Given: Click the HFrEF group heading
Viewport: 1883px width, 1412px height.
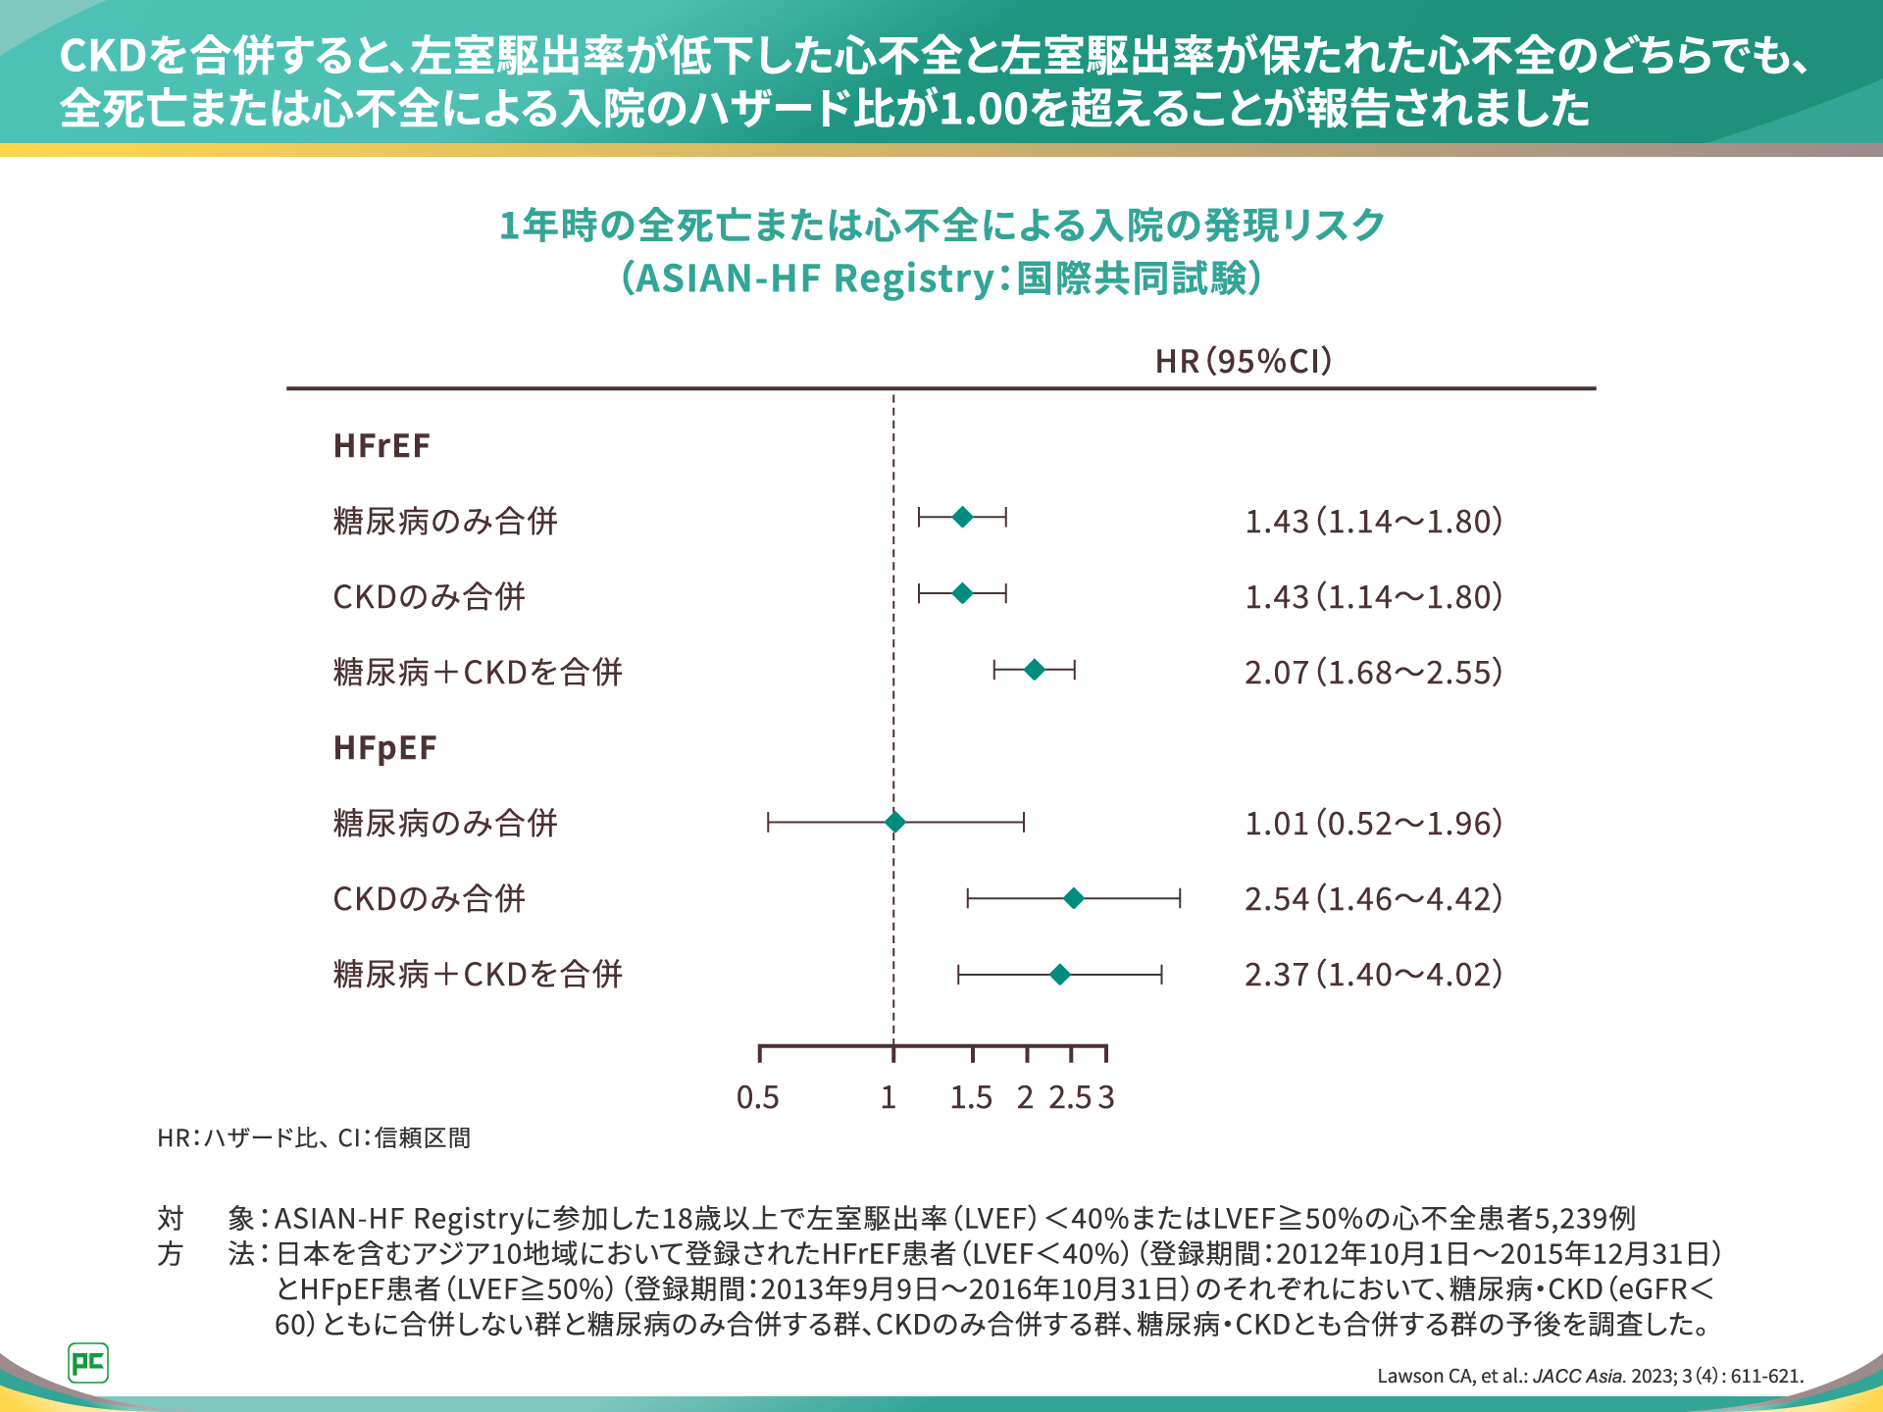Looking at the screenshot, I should coord(382,446).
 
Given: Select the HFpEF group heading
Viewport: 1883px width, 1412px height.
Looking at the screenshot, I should coord(384,748).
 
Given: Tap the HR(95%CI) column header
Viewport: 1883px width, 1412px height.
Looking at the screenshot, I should coord(1244,362).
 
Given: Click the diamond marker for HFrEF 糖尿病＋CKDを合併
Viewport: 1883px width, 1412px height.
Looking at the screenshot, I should coord(1034,670).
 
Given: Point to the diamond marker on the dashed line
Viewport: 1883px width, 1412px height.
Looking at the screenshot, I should coord(894,822).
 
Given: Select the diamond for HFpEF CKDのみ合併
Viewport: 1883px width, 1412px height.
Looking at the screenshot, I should coord(1074,898).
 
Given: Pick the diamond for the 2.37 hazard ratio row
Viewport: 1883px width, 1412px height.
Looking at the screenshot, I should coord(1059,974).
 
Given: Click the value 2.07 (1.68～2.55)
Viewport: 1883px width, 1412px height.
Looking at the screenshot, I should coord(1373,673).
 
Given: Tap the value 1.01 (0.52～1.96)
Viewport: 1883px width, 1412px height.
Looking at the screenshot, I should coord(1373,824).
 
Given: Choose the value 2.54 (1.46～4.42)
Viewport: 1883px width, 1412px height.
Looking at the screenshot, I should coord(1373,899).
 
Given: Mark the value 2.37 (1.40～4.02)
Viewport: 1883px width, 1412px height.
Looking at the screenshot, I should coord(1373,975).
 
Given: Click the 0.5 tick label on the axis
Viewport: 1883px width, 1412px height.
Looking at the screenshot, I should coord(758,1097).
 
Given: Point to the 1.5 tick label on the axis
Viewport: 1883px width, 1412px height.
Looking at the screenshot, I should coord(971,1097).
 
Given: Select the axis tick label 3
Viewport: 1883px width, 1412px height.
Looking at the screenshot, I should coord(1106,1097).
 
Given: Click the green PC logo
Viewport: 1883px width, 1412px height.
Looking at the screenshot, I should coord(88,1362).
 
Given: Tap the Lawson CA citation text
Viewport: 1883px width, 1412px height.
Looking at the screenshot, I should coord(1590,1376).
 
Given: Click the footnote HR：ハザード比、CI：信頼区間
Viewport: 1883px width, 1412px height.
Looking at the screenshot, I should coord(314,1137).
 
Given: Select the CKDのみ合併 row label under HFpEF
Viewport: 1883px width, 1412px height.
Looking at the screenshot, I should coord(430,899).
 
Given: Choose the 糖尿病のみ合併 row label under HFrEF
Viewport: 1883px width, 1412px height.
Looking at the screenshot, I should coord(445,522).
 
